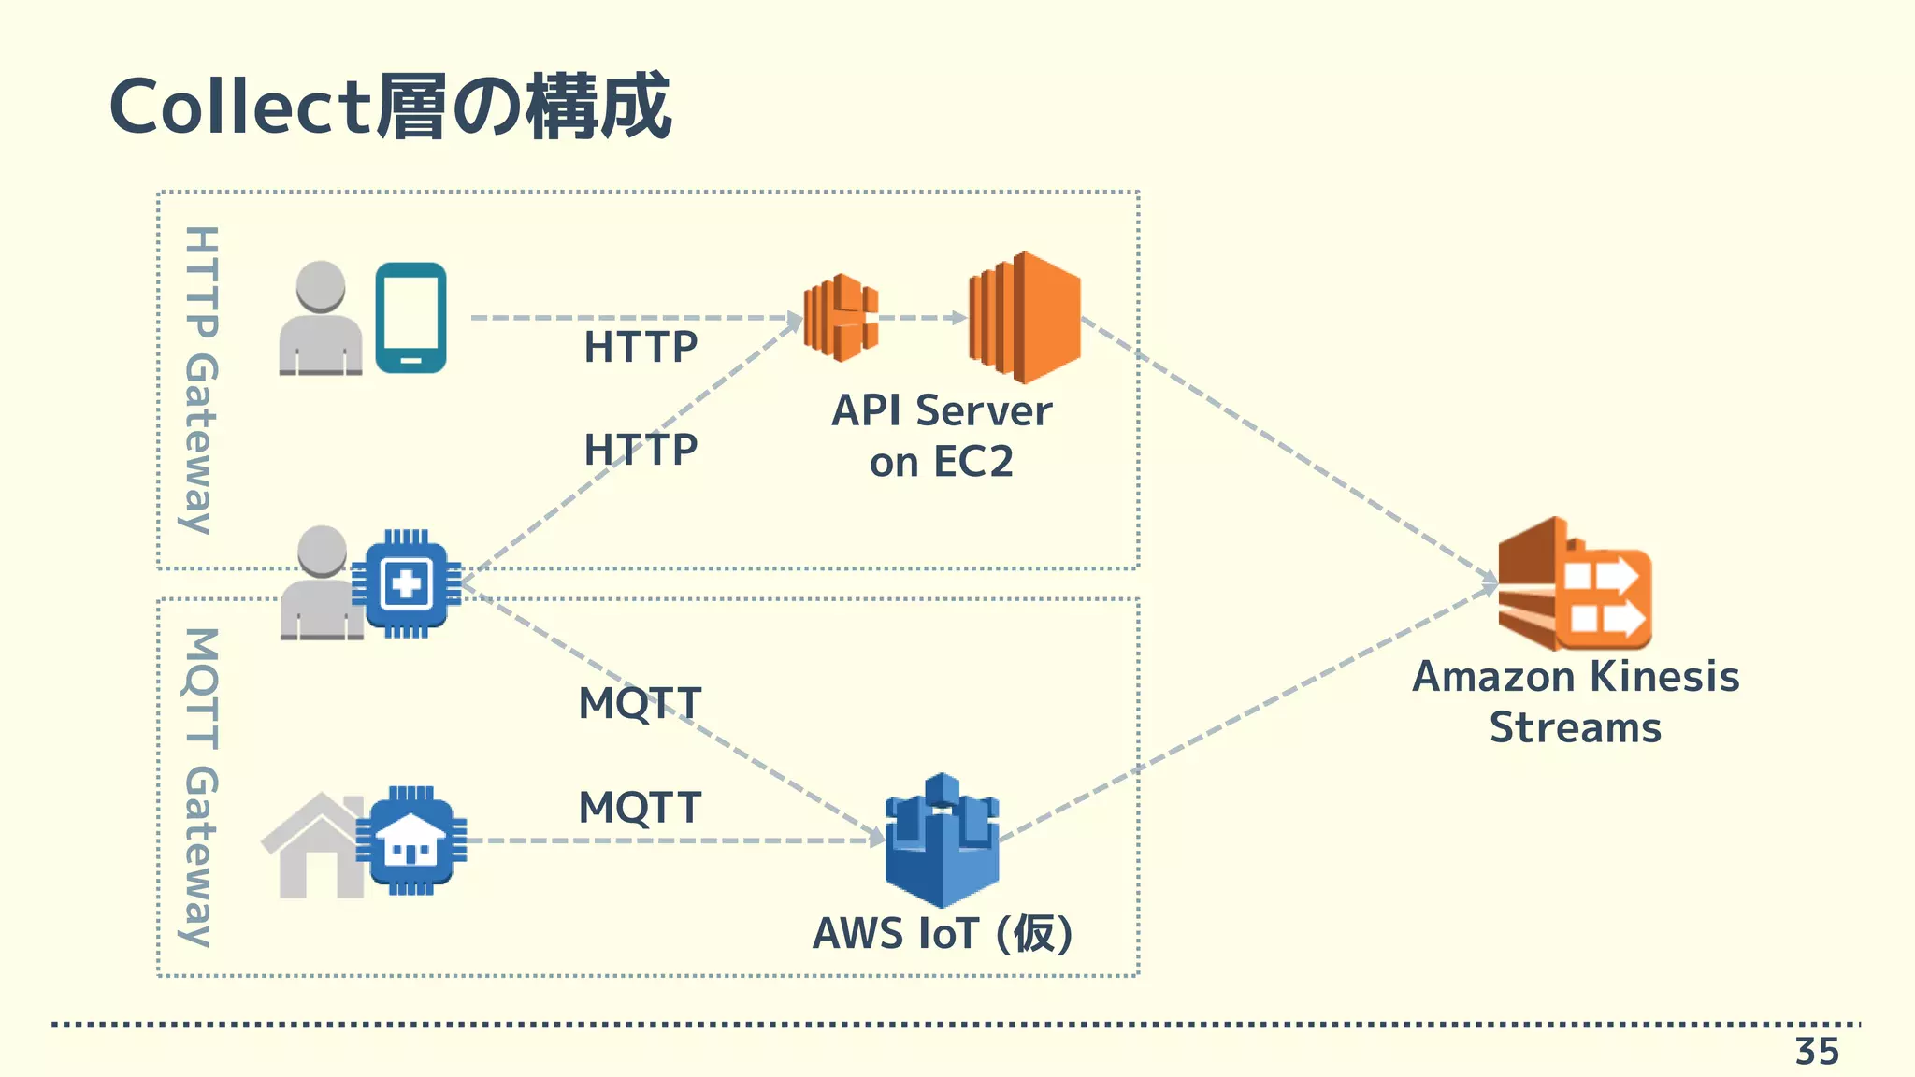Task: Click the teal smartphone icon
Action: point(410,318)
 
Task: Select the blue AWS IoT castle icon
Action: point(942,840)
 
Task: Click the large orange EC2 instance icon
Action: point(1025,317)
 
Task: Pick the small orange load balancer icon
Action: point(841,317)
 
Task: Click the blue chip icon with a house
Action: point(411,840)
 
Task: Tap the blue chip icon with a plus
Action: point(407,584)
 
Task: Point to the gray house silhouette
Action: point(313,846)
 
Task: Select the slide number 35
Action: point(1817,1052)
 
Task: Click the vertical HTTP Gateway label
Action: point(200,380)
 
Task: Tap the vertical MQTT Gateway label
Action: point(200,787)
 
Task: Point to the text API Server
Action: point(942,410)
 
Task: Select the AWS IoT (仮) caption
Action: point(942,933)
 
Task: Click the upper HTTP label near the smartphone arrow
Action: point(641,348)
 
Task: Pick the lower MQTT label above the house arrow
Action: point(641,808)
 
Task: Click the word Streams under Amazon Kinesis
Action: point(1575,728)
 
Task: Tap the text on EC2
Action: point(942,462)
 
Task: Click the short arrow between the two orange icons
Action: point(920,318)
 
